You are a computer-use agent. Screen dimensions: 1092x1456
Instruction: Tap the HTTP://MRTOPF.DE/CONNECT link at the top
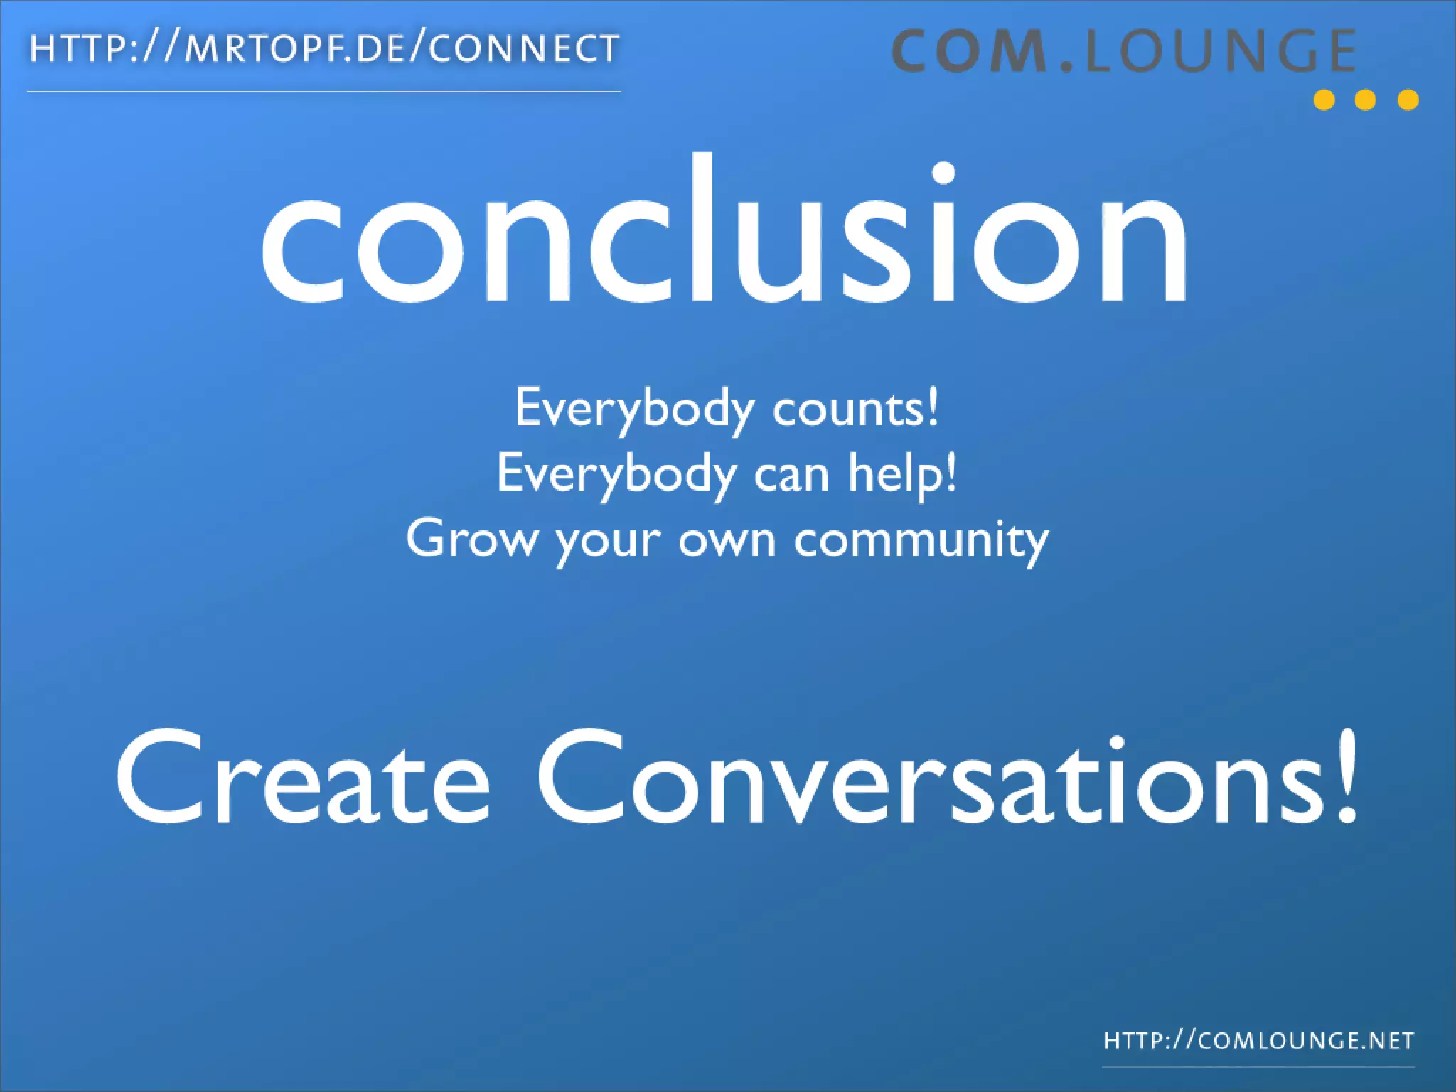(x=324, y=50)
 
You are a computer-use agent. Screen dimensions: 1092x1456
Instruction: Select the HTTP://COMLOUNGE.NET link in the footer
(x=1258, y=1042)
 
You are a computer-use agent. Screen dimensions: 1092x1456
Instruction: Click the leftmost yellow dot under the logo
(x=1324, y=100)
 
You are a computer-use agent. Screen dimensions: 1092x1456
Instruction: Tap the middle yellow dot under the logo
(x=1366, y=100)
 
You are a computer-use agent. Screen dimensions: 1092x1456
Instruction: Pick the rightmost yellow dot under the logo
(x=1408, y=100)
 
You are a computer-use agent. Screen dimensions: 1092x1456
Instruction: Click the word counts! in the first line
(x=855, y=409)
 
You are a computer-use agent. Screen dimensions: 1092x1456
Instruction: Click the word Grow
(x=472, y=539)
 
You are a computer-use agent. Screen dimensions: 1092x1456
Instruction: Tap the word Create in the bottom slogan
(x=304, y=778)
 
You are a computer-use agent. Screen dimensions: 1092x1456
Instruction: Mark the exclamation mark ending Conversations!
(x=1347, y=778)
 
